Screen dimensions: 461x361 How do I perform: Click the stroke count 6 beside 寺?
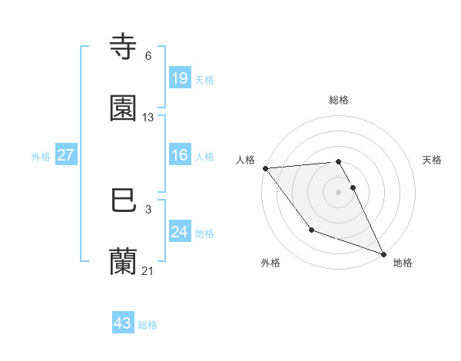tap(148, 56)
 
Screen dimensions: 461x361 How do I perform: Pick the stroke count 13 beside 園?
tap(148, 118)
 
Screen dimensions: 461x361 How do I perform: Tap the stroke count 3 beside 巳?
tap(148, 209)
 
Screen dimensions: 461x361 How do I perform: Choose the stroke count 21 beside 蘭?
tap(148, 270)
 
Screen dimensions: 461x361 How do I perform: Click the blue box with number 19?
tap(179, 78)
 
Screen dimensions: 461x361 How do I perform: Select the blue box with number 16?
tap(179, 155)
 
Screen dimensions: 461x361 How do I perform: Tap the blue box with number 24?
tap(179, 231)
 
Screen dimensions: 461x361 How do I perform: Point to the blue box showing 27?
tap(65, 155)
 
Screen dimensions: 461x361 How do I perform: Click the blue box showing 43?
tap(123, 323)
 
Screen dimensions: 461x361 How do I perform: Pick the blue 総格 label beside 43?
tap(148, 325)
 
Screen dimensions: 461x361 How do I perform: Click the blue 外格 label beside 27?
tap(41, 156)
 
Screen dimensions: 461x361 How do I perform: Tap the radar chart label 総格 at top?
tap(339, 100)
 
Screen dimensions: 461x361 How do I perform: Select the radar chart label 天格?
tap(433, 160)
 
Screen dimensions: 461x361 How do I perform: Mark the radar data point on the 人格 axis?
tap(265, 168)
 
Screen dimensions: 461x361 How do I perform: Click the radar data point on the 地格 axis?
tap(383, 253)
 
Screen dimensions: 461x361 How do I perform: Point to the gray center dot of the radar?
tap(339, 191)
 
